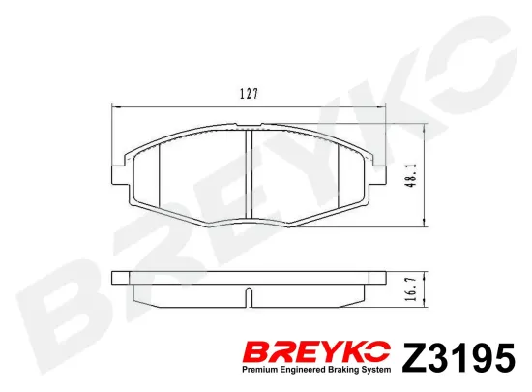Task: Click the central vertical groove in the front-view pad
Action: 251,179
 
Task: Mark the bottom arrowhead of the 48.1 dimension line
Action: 424,225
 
